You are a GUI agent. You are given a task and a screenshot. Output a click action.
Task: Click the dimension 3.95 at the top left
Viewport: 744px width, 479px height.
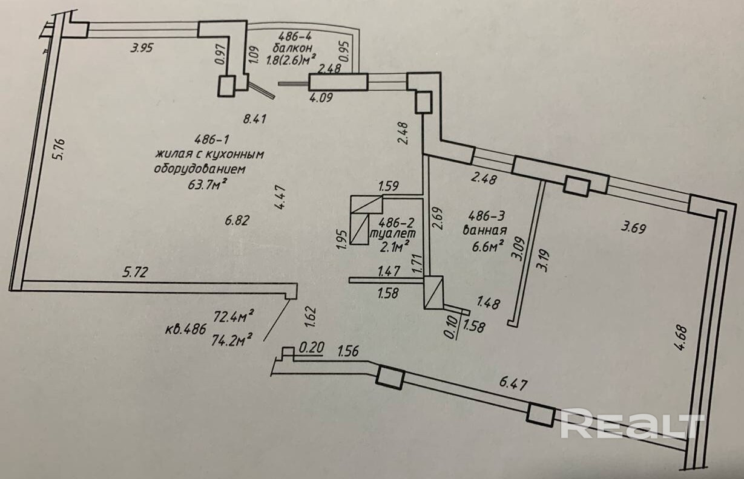pyautogui.click(x=143, y=49)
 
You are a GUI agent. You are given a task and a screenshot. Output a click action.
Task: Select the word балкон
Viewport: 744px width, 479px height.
pyautogui.click(x=292, y=48)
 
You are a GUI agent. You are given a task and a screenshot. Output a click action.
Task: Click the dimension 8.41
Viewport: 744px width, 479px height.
pyautogui.click(x=255, y=119)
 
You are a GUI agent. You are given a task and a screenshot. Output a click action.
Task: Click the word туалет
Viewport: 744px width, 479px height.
pyautogui.click(x=393, y=232)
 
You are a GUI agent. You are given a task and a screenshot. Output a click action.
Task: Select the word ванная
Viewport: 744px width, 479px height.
pyautogui.click(x=484, y=229)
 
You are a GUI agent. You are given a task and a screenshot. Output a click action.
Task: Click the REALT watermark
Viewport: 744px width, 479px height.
pyautogui.click(x=632, y=423)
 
